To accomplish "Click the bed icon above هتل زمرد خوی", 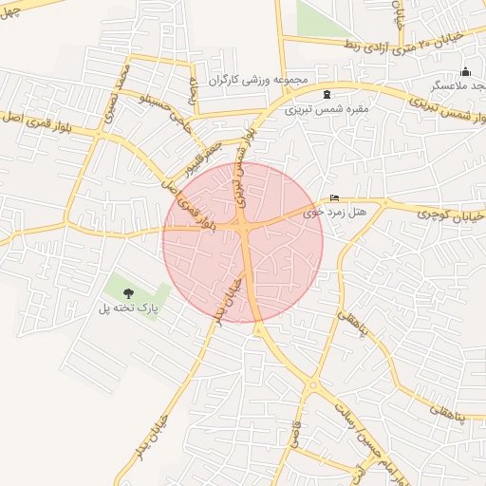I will [x=333, y=197].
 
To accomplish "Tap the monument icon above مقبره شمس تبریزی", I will [x=327, y=93].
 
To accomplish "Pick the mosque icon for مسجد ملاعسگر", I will [x=465, y=71].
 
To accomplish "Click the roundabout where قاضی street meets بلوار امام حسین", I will [x=312, y=385].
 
